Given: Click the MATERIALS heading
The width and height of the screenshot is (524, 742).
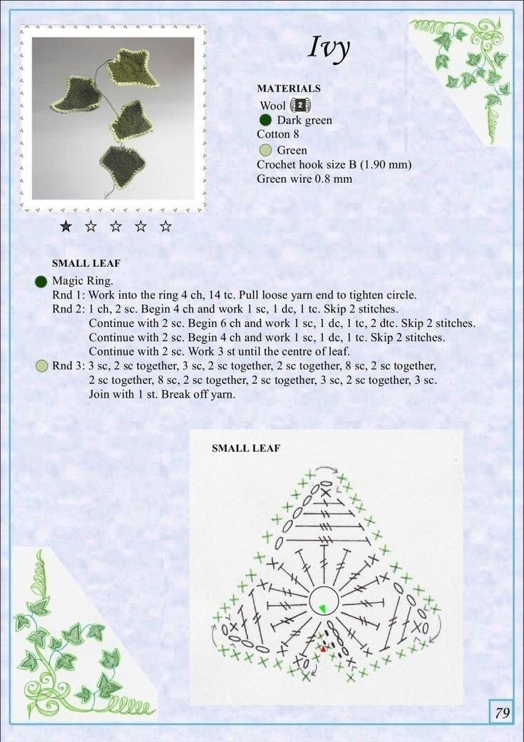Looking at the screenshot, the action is [x=289, y=88].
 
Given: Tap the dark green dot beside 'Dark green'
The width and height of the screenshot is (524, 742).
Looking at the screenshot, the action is [x=266, y=120].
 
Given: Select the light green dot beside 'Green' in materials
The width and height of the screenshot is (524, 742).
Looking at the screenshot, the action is [x=266, y=151].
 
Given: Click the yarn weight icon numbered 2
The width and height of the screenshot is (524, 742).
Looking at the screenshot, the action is [x=300, y=105].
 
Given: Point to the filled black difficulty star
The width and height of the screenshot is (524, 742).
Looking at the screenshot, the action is [x=66, y=227].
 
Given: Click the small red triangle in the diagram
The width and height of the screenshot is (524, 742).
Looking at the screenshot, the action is [x=324, y=649].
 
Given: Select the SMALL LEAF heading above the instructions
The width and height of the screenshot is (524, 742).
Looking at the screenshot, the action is [x=86, y=263].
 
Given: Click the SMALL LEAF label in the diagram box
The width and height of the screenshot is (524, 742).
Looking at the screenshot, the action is [x=246, y=448].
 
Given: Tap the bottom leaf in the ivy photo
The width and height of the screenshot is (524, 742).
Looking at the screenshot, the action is [x=122, y=166].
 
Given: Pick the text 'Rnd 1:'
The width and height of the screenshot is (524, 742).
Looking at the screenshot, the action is [x=68, y=295].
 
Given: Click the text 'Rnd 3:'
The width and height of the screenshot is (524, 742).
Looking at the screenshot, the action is [x=68, y=366].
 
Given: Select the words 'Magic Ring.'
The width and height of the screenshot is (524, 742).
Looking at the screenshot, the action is [x=83, y=281].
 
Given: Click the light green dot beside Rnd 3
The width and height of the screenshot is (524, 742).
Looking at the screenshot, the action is [x=42, y=366].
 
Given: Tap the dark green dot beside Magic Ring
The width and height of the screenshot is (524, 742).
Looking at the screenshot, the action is [x=41, y=282].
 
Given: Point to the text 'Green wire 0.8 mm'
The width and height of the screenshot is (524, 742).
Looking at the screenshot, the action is [x=304, y=179].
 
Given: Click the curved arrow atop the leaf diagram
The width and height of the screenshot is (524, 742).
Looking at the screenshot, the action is [x=327, y=467].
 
